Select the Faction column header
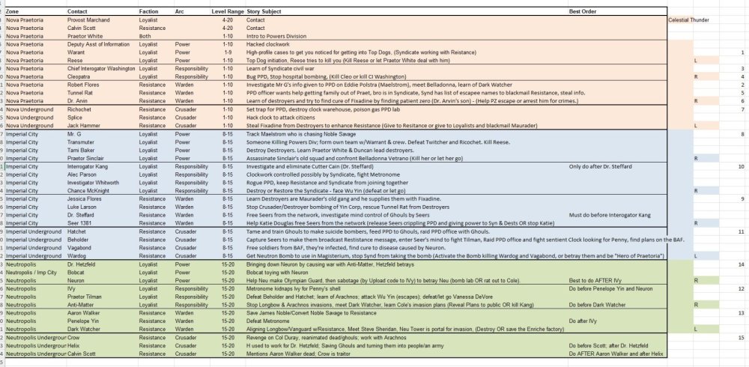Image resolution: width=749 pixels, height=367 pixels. coord(150,12)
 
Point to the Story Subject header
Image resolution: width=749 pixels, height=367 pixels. coord(268,12)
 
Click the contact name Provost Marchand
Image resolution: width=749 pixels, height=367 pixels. coord(88,20)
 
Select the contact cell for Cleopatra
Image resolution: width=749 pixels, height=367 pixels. coord(81,76)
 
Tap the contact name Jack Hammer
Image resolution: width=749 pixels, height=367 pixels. coord(84,125)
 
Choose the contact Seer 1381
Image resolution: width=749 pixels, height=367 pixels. coord(81,222)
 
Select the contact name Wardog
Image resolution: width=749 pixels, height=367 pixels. coord(78,257)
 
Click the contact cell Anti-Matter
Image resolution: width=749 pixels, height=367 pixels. coord(83,306)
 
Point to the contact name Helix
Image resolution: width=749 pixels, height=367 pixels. coord(75,347)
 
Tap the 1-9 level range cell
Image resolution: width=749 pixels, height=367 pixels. coord(222,55)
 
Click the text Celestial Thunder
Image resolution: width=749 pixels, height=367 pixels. coord(693,20)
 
